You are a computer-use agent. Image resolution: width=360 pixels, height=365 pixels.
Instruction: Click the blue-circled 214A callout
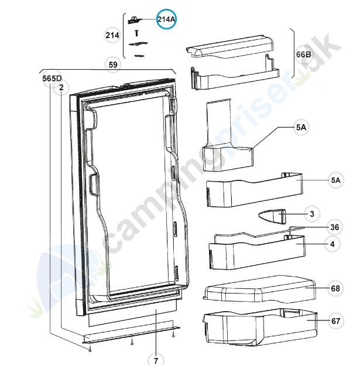(166, 19)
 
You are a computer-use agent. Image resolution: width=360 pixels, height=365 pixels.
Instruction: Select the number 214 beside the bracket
(112, 36)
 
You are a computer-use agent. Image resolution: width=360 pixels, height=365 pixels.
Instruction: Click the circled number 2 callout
(61, 88)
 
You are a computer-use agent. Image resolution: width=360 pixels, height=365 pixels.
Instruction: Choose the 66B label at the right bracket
(304, 54)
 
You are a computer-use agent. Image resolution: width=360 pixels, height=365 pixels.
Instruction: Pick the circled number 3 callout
(312, 214)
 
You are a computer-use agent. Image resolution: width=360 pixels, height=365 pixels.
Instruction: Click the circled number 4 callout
(331, 243)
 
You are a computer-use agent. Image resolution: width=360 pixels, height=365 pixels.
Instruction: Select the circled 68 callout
(335, 288)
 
